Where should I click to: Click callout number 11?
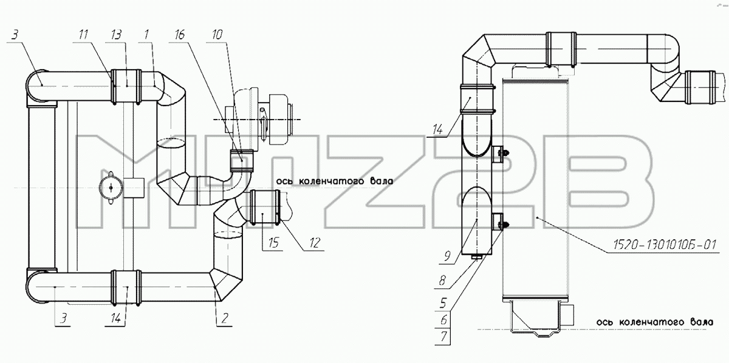[x=83, y=35]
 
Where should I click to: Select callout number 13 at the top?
[x=115, y=35]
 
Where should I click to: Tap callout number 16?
[x=179, y=35]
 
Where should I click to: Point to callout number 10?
[x=217, y=35]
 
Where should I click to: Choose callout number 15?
[x=273, y=243]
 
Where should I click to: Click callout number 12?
[x=315, y=243]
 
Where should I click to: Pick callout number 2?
[x=225, y=318]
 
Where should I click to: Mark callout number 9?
[x=447, y=256]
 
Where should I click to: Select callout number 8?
[x=442, y=280]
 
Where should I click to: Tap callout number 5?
[x=443, y=303]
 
